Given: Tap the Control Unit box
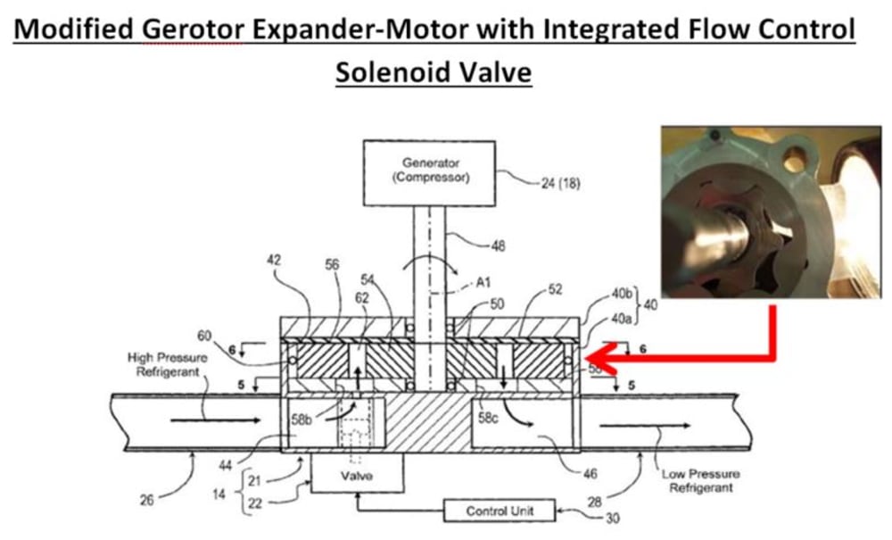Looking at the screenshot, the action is [499, 511].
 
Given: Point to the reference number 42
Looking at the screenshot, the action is [273, 262].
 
